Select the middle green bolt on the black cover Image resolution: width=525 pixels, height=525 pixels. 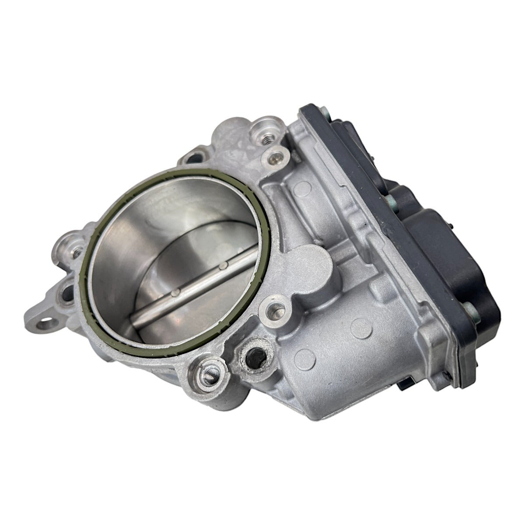391,199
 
